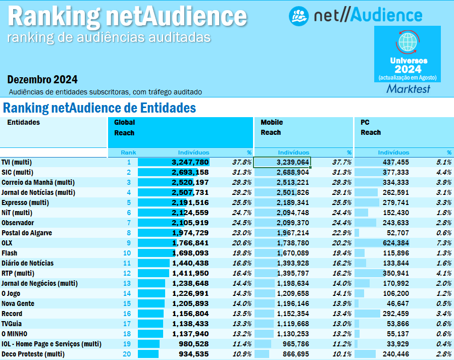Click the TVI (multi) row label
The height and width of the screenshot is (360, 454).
[x=17, y=162]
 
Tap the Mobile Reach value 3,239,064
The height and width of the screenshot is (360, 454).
[x=292, y=162]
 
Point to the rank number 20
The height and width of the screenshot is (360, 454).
[x=126, y=354]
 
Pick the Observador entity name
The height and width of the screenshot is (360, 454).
[x=18, y=223]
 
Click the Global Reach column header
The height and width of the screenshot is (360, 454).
[x=124, y=127]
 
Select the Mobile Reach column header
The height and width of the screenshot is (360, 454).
[x=272, y=127]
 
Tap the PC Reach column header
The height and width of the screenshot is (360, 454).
[x=371, y=127]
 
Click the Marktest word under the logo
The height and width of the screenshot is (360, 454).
[x=408, y=89]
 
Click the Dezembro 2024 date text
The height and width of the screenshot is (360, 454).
[x=42, y=79]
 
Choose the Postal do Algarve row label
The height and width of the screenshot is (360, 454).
[x=27, y=233]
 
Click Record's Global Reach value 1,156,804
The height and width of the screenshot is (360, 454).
[x=190, y=314]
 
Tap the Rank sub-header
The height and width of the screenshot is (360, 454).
[x=128, y=152]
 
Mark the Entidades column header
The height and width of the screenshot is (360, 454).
[x=23, y=122]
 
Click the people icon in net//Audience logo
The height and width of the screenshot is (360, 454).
[x=298, y=16]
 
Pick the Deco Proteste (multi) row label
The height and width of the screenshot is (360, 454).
[x=33, y=354]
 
